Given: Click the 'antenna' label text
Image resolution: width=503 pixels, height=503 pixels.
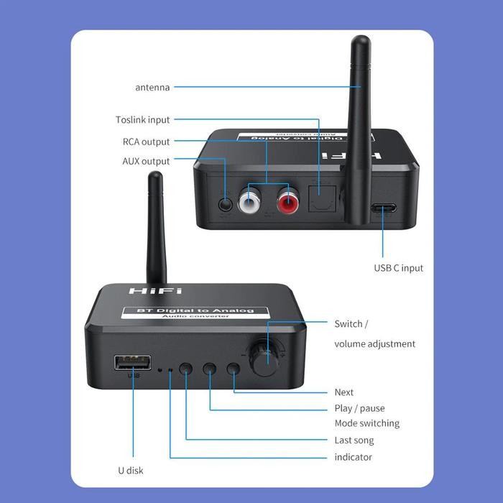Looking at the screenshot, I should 152,88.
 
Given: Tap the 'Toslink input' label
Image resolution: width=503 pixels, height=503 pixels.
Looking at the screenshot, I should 143,120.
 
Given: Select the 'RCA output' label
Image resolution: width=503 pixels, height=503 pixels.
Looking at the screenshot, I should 146,142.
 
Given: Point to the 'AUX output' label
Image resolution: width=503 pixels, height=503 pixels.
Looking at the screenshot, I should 146,161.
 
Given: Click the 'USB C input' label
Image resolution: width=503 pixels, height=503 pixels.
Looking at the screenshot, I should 398,268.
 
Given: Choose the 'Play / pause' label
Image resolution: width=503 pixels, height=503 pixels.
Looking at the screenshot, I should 359,408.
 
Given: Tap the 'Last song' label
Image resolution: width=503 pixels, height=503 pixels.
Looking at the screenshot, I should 354,440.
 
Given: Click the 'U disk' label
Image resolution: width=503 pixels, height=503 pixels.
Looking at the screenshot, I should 130,471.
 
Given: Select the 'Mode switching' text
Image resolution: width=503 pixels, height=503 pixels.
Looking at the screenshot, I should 366,423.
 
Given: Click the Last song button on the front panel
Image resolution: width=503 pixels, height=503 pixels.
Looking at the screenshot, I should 186,369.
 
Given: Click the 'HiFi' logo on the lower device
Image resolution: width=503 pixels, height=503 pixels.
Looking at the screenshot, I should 145,290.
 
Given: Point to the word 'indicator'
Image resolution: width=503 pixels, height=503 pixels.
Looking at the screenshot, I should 354,457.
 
